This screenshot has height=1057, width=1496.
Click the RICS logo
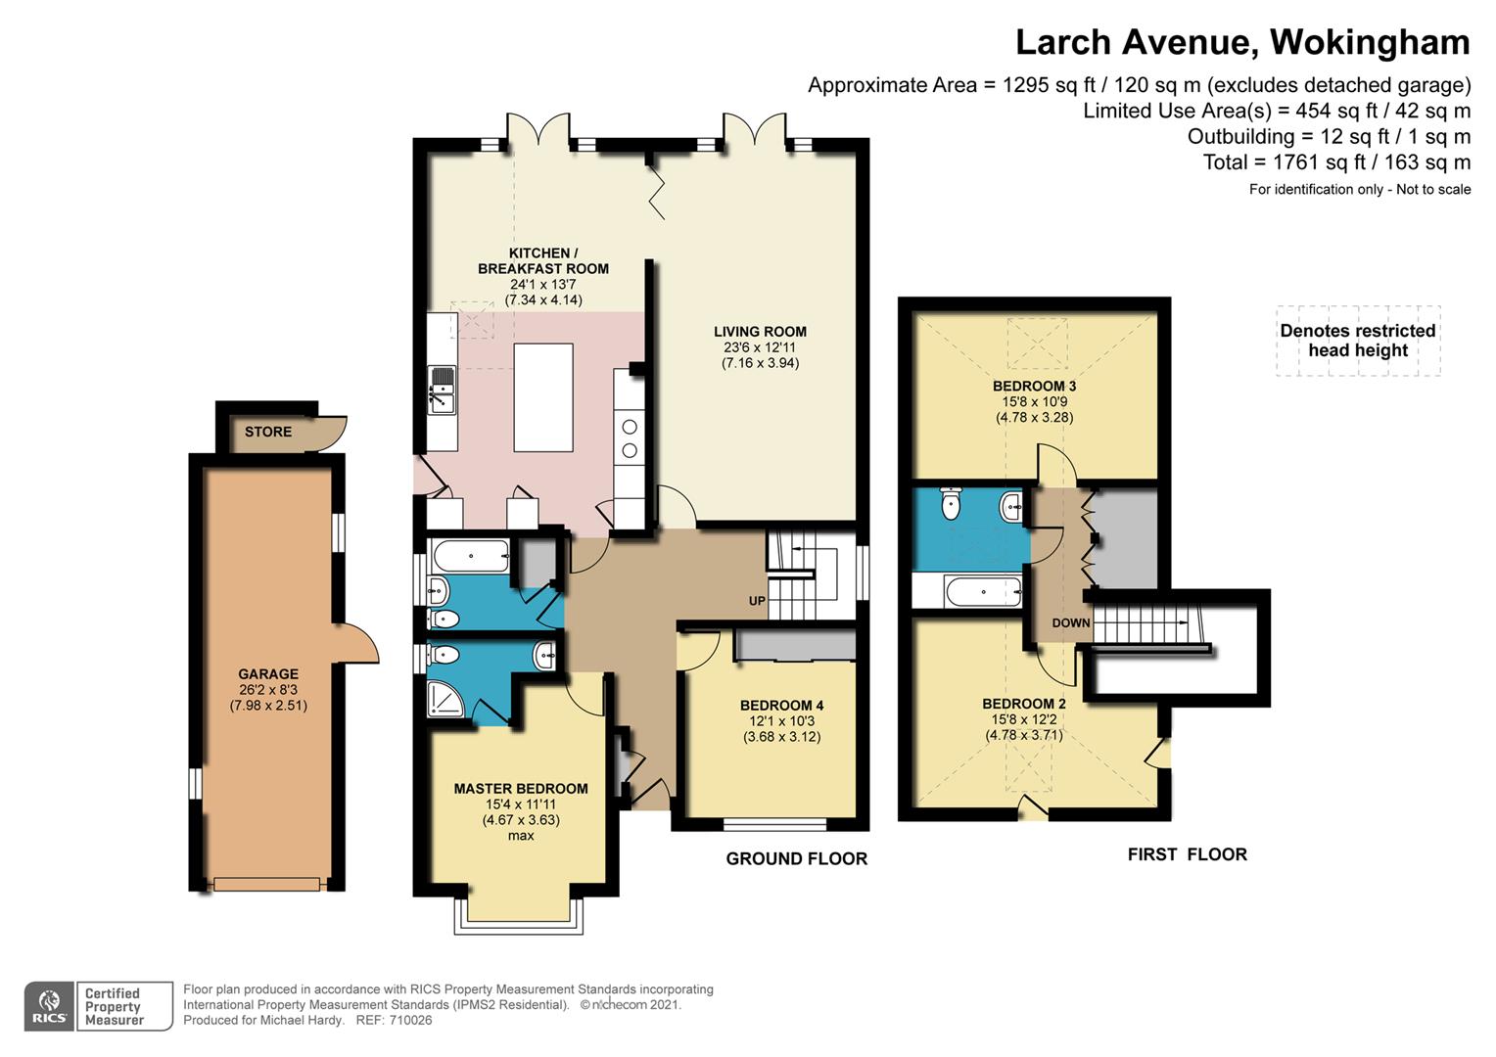[49, 1005]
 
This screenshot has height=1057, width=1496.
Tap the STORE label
[268, 432]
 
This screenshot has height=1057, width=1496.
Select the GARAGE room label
[268, 674]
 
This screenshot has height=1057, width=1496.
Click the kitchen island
[543, 398]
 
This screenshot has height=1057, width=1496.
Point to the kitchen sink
[442, 390]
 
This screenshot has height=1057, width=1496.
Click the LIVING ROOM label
[760, 332]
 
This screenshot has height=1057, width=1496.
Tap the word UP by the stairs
[757, 601]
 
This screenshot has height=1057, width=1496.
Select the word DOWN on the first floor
[1070, 623]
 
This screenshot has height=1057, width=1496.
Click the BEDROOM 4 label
[781, 705]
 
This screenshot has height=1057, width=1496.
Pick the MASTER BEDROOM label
[521, 789]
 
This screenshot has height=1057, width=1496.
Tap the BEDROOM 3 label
[1035, 386]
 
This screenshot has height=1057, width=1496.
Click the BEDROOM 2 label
[1024, 704]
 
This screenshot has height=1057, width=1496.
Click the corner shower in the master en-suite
[444, 699]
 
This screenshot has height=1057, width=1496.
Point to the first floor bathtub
[983, 591]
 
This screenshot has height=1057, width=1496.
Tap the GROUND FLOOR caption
[797, 858]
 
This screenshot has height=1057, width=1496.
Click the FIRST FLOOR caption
[1188, 854]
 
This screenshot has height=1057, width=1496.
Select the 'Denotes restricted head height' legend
[1358, 341]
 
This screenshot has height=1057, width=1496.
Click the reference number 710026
[411, 1020]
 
